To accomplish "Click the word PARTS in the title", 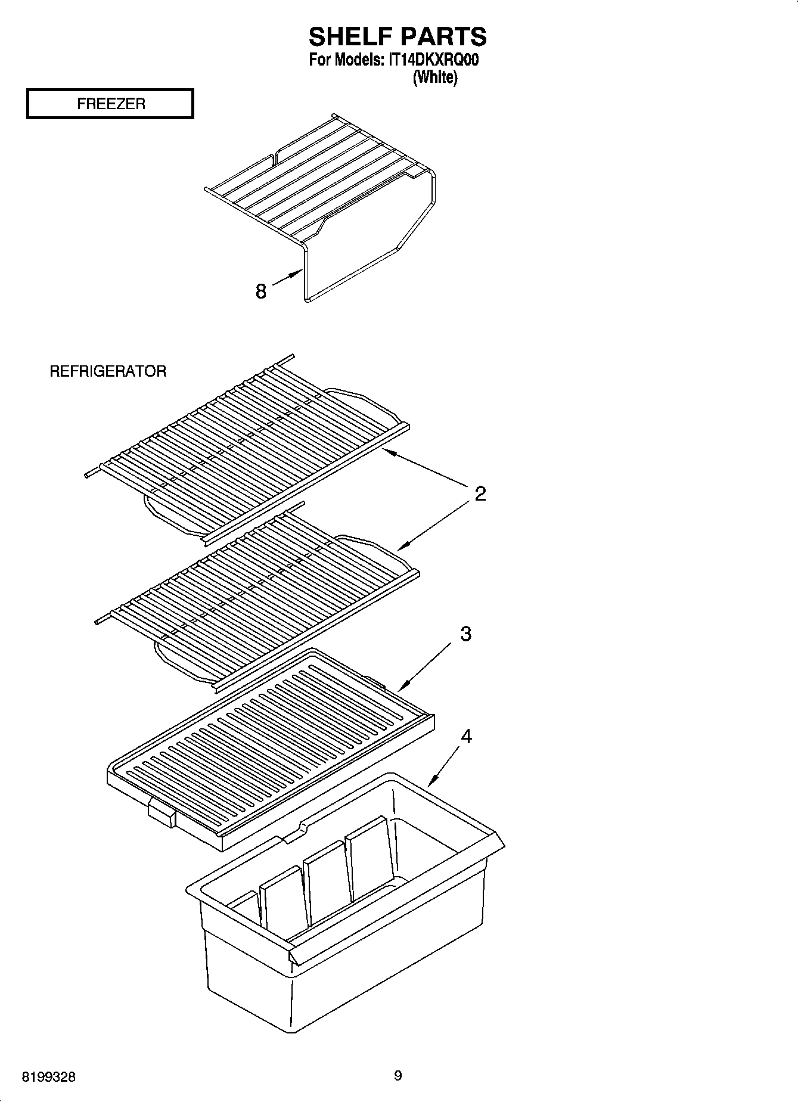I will pyautogui.click(x=443, y=37).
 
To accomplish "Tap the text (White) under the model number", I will pyautogui.click(x=435, y=77).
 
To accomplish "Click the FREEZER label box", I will pyautogui.click(x=110, y=104).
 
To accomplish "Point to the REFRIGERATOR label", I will pyautogui.click(x=108, y=371).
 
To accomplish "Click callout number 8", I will pyautogui.click(x=260, y=291).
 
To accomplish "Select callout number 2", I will pyautogui.click(x=480, y=493).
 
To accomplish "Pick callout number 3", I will pyautogui.click(x=465, y=634).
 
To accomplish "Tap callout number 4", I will pyautogui.click(x=466, y=737).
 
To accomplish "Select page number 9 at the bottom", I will pyautogui.click(x=398, y=1076).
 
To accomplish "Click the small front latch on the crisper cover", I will pyautogui.click(x=162, y=813).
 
